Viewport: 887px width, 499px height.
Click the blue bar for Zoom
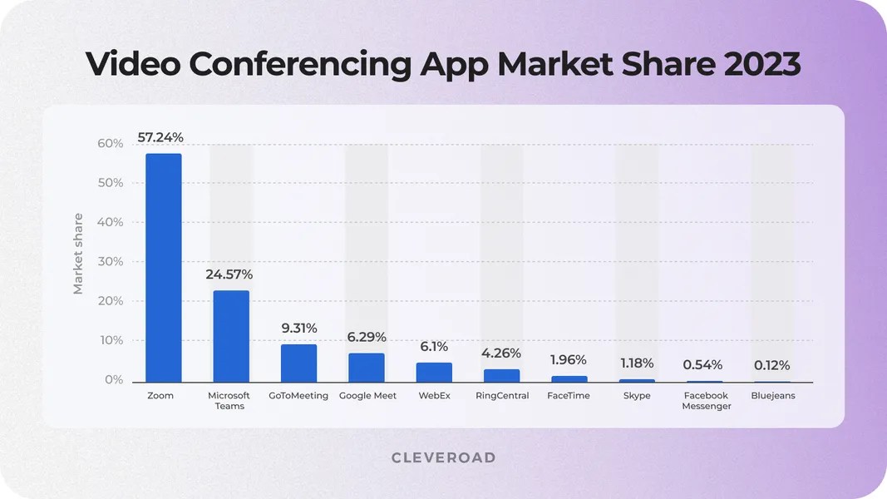pos(163,268)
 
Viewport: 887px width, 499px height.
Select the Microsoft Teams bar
pos(231,336)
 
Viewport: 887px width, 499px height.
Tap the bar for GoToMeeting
pos(298,363)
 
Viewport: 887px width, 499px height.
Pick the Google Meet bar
pos(366,368)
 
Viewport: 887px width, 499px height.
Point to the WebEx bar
pos(434,372)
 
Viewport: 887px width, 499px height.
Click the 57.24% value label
pos(160,137)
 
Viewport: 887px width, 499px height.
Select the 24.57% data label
pos(229,274)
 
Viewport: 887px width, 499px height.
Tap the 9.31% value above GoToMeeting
pos(299,329)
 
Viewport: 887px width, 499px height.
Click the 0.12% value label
pos(771,365)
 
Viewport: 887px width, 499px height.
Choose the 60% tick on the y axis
pos(110,144)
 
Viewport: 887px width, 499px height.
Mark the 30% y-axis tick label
pos(110,262)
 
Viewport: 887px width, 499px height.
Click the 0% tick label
pos(114,380)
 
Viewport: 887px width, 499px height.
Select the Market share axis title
pos(78,254)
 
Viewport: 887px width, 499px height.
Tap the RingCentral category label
pos(502,396)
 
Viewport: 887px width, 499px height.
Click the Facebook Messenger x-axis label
pos(707,401)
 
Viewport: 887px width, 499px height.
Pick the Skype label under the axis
pos(637,396)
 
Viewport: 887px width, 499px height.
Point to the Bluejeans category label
pos(773,396)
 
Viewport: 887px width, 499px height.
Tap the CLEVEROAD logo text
pos(444,458)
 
